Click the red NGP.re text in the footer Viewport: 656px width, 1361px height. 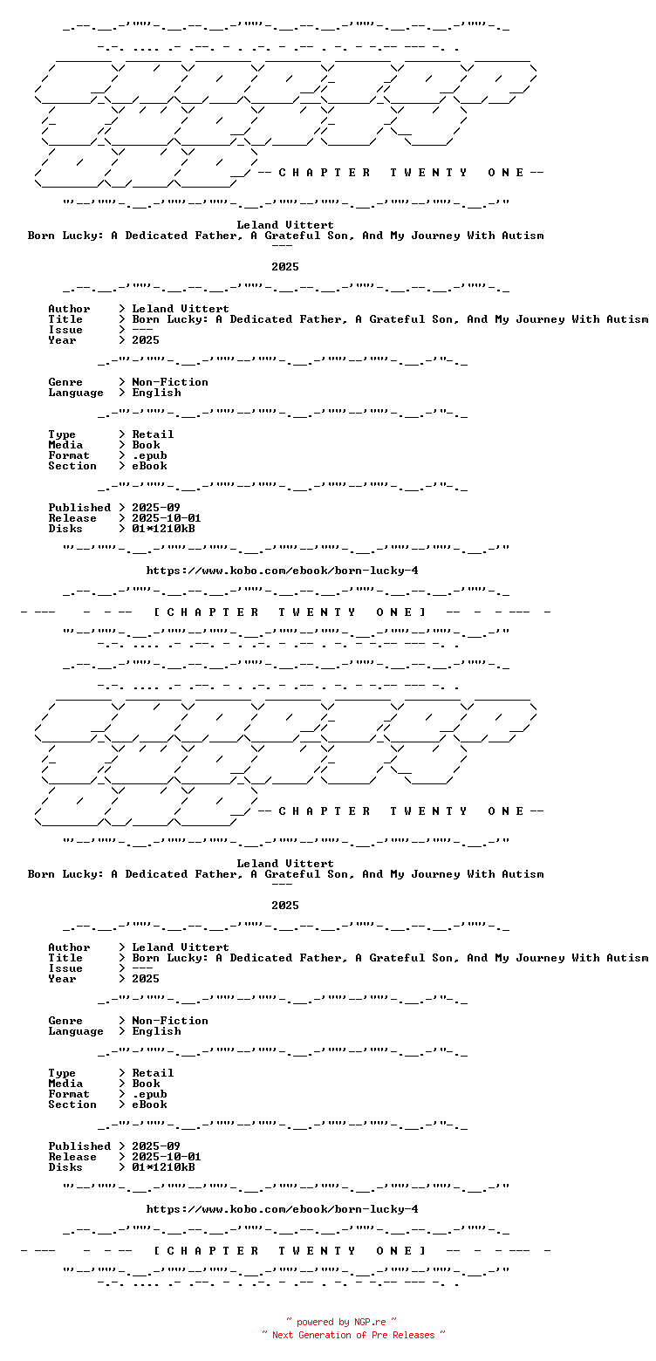[x=370, y=1322]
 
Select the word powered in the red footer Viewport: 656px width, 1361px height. [x=315, y=1322]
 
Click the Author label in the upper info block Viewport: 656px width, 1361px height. [x=69, y=309]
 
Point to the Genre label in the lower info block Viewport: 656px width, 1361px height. [x=65, y=1021]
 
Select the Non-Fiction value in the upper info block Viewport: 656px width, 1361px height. [x=170, y=382]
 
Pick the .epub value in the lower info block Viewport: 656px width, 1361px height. [x=149, y=1094]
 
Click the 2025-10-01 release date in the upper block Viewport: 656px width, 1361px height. [x=167, y=518]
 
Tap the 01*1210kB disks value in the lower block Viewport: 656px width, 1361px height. [x=163, y=1167]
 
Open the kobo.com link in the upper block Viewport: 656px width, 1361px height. [x=283, y=571]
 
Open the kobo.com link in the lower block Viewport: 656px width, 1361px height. [x=283, y=1209]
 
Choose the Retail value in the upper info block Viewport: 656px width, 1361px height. [x=153, y=434]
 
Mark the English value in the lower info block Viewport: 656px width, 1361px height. [x=157, y=1031]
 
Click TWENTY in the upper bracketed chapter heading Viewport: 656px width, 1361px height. [x=317, y=612]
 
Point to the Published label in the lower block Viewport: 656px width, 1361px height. [x=79, y=1146]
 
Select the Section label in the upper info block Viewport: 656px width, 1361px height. [x=72, y=466]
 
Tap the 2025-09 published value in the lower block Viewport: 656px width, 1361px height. [x=156, y=1146]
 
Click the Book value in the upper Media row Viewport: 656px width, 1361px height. [x=146, y=445]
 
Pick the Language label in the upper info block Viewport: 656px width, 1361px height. [x=76, y=393]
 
